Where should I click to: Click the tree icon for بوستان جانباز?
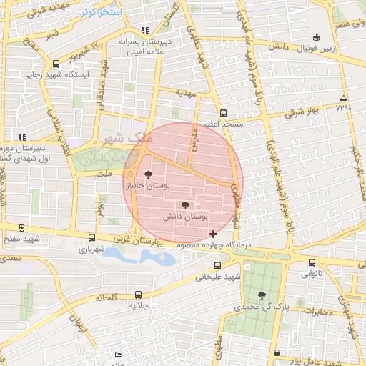(149, 174)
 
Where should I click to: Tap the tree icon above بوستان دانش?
(186, 204)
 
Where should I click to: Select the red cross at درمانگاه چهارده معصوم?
(213, 234)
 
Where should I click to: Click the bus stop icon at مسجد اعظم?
(224, 114)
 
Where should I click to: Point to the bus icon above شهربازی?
(91, 237)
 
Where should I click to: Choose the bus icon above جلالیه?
(137, 295)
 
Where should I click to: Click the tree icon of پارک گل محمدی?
(262, 295)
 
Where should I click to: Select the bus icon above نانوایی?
(310, 262)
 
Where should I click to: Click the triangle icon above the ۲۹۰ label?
(344, 97)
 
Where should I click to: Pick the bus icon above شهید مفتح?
(21, 229)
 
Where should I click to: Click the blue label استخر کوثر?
(101, 13)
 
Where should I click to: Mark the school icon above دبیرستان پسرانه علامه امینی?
(146, 31)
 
